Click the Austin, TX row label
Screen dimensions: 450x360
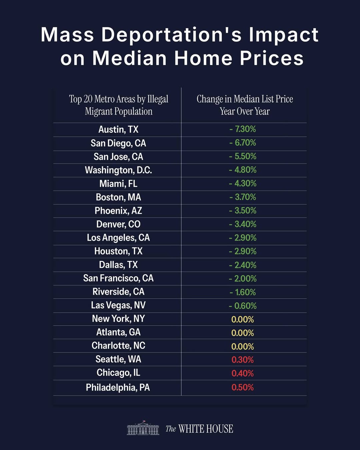pyautogui.click(x=118, y=129)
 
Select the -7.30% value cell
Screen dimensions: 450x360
pyautogui.click(x=243, y=129)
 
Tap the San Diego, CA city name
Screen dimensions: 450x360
pyautogui.click(x=118, y=143)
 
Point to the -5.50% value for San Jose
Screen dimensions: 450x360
pyautogui.click(x=243, y=156)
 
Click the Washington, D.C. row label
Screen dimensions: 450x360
pyautogui.click(x=118, y=170)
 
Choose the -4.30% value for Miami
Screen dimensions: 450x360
pyautogui.click(x=243, y=183)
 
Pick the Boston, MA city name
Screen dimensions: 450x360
pyautogui.click(x=118, y=197)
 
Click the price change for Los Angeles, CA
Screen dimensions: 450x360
pyautogui.click(x=243, y=238)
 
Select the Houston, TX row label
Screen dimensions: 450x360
pyautogui.click(x=118, y=251)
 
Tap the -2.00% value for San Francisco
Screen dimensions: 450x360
pyautogui.click(x=243, y=278)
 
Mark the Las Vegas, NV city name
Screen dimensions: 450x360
pyautogui.click(x=118, y=305)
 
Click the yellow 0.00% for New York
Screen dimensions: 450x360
pyautogui.click(x=243, y=319)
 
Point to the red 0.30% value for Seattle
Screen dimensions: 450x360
pyautogui.click(x=243, y=360)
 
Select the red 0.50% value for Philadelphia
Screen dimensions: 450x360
pyautogui.click(x=243, y=387)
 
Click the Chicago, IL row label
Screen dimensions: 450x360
pyautogui.click(x=118, y=372)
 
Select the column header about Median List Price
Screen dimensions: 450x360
pyautogui.click(x=245, y=105)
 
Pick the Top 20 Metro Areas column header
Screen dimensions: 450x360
pyautogui.click(x=118, y=105)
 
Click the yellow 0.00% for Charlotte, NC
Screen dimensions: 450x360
pyautogui.click(x=243, y=346)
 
